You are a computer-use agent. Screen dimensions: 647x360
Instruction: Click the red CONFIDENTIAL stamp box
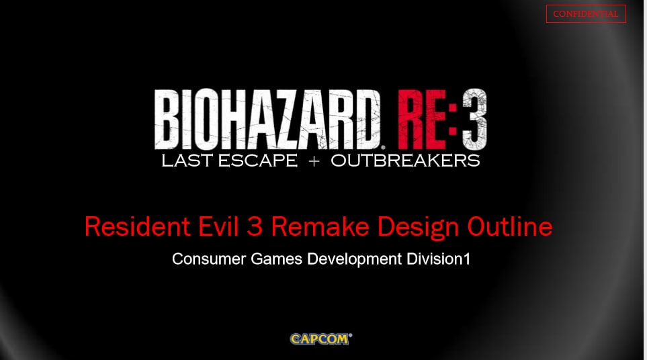[x=586, y=13]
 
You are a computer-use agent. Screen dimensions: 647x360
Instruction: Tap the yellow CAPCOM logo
[x=321, y=339]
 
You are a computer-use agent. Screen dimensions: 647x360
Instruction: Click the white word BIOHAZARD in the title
[x=267, y=120]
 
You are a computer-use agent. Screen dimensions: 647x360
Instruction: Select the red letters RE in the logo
[x=422, y=120]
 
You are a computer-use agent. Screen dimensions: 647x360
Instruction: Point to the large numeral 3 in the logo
[x=474, y=120]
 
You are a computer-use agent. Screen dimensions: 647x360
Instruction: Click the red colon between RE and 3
[x=453, y=120]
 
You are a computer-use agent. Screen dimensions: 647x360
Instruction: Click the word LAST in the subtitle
[x=187, y=161]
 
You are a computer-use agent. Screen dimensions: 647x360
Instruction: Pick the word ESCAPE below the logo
[x=257, y=161]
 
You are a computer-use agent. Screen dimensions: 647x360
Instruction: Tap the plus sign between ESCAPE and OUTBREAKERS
[x=314, y=161]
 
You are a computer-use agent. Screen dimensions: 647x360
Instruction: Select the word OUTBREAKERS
[x=405, y=161]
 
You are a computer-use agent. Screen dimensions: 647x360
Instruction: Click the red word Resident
[x=138, y=226]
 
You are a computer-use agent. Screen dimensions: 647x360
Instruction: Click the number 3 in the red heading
[x=255, y=227]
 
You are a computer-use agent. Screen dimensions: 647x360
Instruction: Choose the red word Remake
[x=320, y=226]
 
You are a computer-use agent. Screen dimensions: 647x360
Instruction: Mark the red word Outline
[x=509, y=226]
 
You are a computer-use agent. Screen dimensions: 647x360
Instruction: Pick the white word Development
[x=355, y=260]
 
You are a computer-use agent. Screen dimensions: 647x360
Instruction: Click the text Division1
[x=439, y=259]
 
